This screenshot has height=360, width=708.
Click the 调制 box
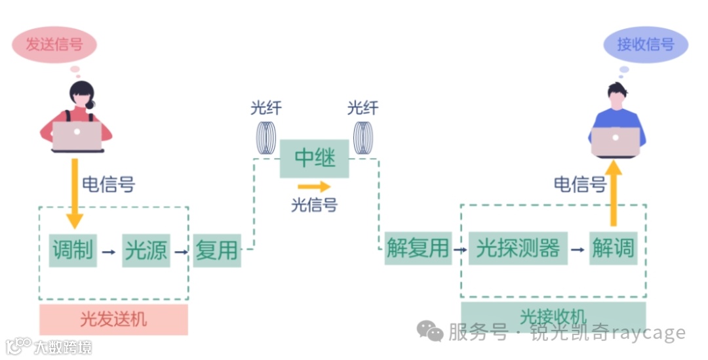pos(73,250)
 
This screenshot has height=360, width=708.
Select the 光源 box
pos(146,250)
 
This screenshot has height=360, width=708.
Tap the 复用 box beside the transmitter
pos(216,250)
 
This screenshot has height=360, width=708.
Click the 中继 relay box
pos(314,159)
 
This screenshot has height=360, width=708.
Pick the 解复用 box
pos(418,249)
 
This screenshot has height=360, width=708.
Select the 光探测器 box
pos(518,249)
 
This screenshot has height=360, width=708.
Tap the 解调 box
pos(613,249)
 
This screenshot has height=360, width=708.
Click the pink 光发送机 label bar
pos(113,319)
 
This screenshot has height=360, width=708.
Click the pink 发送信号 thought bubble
pos(54,45)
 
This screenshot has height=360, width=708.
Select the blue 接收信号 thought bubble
pos(646,45)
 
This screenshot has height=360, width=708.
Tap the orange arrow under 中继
pos(314,188)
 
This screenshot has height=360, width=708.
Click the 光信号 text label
pos(314,205)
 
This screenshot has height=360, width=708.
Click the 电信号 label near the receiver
pos(580,184)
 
